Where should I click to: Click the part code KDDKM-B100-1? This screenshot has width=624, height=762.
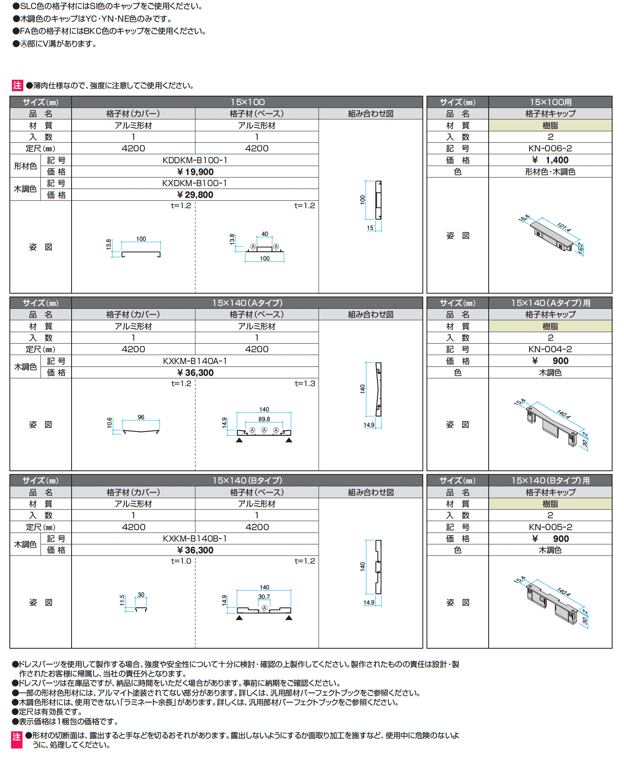[195, 160]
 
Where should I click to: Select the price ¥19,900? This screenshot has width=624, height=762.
[195, 172]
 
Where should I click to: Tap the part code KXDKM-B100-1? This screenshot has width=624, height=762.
[195, 183]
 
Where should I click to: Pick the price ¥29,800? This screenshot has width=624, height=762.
[195, 195]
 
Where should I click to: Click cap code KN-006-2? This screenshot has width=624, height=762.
[550, 148]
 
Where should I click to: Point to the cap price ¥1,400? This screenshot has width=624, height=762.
[550, 160]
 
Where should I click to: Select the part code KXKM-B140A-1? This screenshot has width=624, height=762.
[195, 361]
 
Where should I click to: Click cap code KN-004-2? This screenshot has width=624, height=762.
[550, 349]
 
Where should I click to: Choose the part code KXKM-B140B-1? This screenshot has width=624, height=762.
[195, 539]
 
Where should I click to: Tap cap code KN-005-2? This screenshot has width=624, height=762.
[550, 527]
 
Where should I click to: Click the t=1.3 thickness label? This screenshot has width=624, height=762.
[305, 384]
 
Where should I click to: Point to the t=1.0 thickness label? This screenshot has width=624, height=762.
[181, 561]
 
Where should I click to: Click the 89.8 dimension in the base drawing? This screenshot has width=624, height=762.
[264, 419]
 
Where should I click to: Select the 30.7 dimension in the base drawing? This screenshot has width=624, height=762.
[264, 597]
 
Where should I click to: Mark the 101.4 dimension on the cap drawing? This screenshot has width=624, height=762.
[564, 227]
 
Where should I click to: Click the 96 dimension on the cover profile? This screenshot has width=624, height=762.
[141, 417]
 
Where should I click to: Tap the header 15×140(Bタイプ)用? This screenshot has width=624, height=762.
[550, 481]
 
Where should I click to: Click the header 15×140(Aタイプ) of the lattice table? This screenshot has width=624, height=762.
[247, 303]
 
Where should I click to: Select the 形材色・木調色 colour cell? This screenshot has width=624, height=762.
[550, 172]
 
